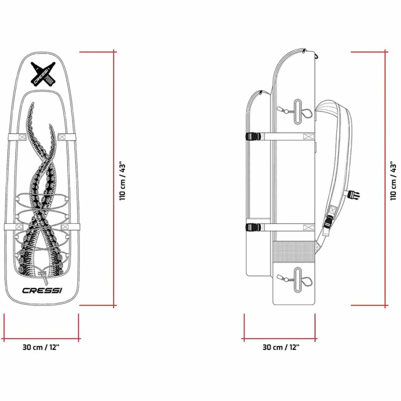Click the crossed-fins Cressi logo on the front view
43,73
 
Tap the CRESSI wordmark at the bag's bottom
42,290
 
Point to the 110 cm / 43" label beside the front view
123,181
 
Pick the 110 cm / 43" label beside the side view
393,181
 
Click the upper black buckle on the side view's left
253,136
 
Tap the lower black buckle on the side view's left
253,227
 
